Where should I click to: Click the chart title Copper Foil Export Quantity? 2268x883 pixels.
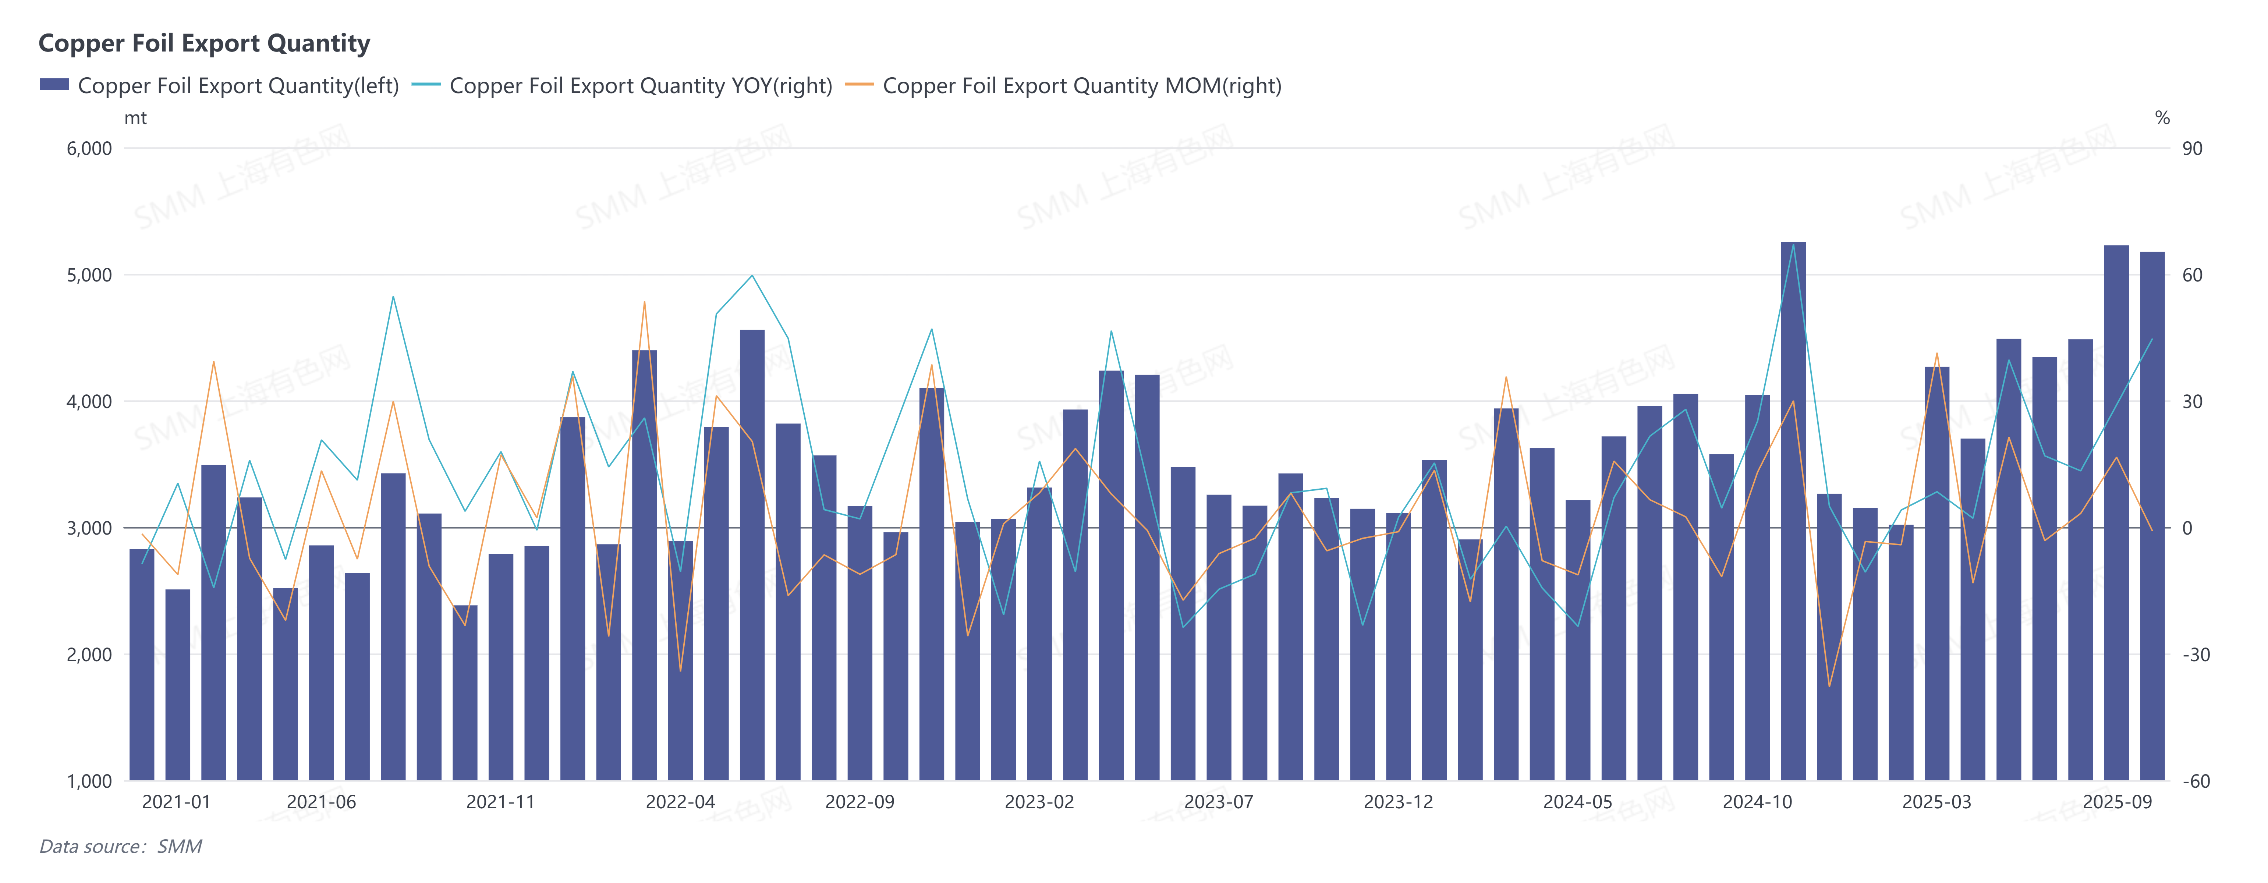click(204, 43)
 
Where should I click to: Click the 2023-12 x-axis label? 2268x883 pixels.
click(1398, 802)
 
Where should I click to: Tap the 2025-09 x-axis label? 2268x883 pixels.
click(2116, 802)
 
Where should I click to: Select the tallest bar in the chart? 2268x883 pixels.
click(1793, 511)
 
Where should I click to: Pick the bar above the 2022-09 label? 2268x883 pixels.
click(860, 643)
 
